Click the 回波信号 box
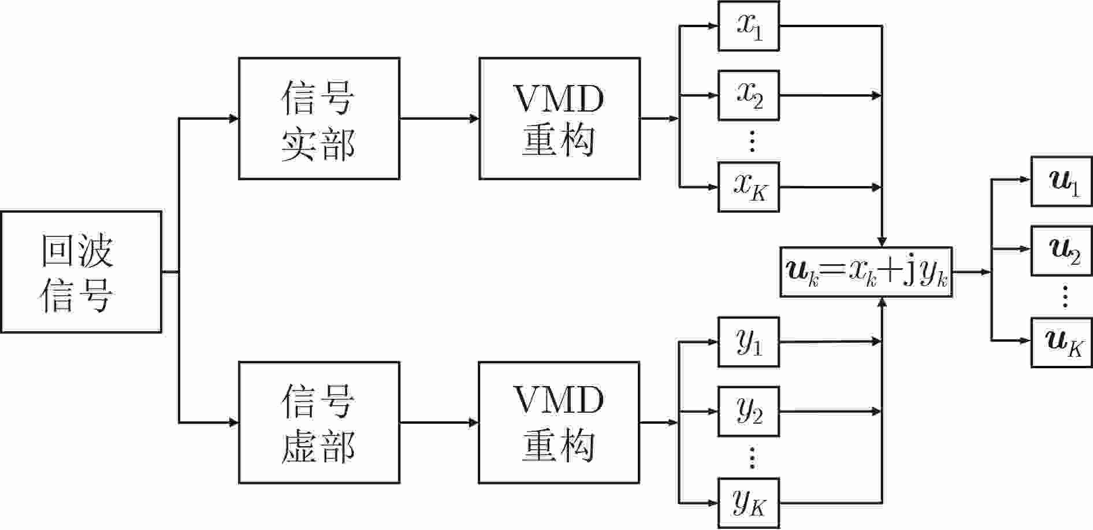tap(81, 272)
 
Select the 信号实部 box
tap(319, 118)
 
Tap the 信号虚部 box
tap(319, 422)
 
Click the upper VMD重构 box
tap(559, 118)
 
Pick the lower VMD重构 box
tap(559, 422)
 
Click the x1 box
tap(749, 26)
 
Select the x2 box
tap(749, 95)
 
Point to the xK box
tap(749, 187)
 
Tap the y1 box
tap(749, 342)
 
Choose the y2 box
tap(749, 411)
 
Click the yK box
tap(749, 503)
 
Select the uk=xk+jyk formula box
tap(866, 272)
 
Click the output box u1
tap(1062, 181)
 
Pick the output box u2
tap(1062, 250)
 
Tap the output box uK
tap(1062, 342)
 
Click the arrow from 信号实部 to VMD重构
tap(440, 118)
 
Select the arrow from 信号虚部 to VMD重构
tap(439, 422)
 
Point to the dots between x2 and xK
tap(752, 141)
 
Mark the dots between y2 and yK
tap(752, 457)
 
